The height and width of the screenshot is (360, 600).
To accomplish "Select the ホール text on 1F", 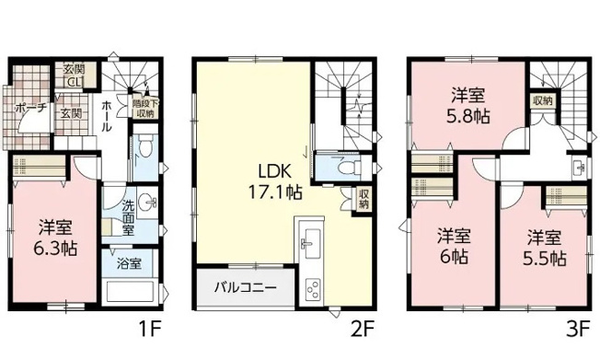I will click(x=108, y=115).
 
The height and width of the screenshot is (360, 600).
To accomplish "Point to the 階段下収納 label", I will click(x=144, y=108).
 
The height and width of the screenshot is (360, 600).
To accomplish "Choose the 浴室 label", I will click(x=128, y=264).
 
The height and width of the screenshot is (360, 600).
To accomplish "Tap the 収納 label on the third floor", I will click(x=541, y=100).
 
